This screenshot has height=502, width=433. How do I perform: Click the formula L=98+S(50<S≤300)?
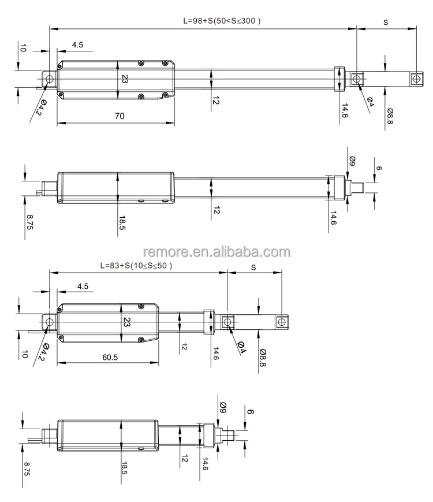(222, 20)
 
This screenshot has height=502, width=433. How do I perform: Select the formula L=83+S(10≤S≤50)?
(136, 266)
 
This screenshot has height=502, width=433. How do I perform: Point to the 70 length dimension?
(119, 116)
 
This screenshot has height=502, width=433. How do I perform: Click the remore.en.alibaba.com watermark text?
(216, 252)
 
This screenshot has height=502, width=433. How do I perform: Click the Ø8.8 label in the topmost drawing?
(390, 118)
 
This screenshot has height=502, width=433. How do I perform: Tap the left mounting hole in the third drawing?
(50, 321)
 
